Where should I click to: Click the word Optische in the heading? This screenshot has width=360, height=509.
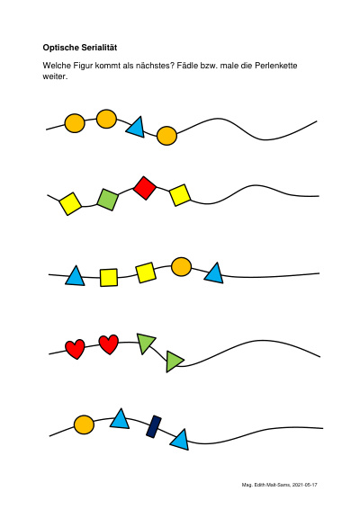59,48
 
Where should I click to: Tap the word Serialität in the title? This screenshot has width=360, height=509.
97,48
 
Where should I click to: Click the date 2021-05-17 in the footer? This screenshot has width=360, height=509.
304,485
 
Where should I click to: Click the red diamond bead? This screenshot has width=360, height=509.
145,188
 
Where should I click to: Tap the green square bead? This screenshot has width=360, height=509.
108,200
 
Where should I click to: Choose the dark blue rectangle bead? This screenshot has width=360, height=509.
154,426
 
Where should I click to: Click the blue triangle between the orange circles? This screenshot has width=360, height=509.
136,128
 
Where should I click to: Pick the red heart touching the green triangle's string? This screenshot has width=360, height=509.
109,344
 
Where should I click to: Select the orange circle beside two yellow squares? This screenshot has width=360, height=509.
181,267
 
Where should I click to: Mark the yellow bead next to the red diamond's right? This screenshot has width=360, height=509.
180,195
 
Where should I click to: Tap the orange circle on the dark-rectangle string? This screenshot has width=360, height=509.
85,425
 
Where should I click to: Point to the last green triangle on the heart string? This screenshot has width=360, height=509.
174,362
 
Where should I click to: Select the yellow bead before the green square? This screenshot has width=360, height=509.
70,203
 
